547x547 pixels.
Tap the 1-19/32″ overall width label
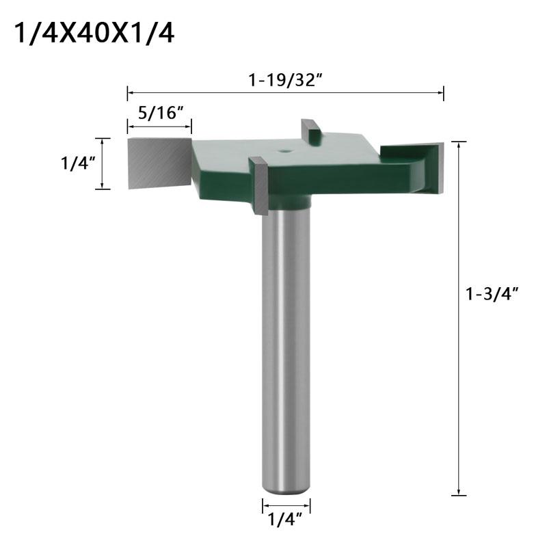(x=285, y=79)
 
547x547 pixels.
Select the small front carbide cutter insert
(x=260, y=186)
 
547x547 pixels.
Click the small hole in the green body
(x=284, y=146)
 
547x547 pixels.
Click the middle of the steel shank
(x=286, y=342)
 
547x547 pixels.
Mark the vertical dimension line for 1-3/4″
(x=458, y=318)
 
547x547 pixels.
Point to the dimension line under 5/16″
(x=159, y=126)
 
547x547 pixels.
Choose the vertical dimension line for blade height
(x=103, y=163)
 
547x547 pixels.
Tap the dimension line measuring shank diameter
(x=286, y=507)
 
